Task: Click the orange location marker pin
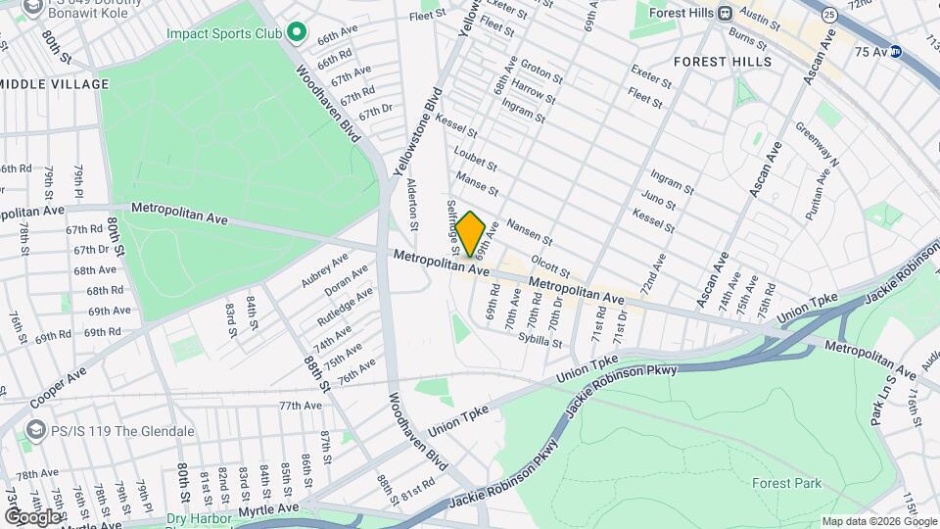point(470,234)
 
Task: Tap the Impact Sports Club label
point(223,33)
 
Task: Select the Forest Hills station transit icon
point(726,14)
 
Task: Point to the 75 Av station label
point(869,51)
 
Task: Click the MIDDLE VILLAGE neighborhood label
point(54,84)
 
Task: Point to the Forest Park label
point(786,483)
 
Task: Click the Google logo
point(32,516)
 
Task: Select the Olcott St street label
point(549,265)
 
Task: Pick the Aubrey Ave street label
point(324,269)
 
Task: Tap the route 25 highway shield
point(829,15)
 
